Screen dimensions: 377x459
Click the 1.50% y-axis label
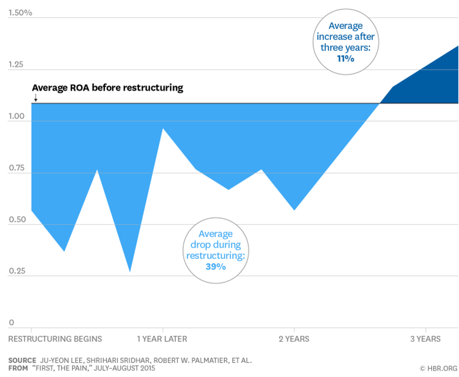point(20,13)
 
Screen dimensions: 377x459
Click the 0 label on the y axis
point(12,323)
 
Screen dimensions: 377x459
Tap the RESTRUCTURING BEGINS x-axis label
point(55,339)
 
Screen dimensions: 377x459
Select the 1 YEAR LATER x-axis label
point(162,339)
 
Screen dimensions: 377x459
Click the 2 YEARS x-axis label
point(294,339)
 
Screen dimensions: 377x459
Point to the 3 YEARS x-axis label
point(425,339)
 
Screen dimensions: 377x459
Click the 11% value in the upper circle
point(346,58)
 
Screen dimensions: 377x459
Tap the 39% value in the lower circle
point(216,267)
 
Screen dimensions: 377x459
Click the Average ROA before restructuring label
point(108,88)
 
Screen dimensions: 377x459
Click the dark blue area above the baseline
point(430,85)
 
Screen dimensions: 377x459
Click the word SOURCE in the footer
point(22,360)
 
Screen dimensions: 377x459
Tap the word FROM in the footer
point(18,369)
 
